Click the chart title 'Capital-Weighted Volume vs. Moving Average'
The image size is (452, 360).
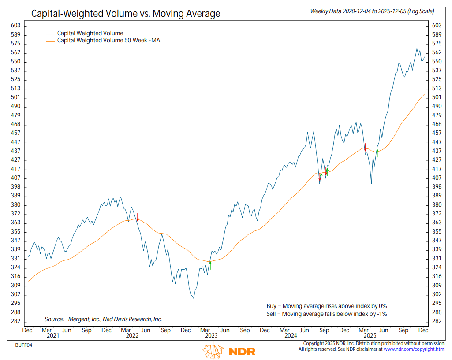[125, 14]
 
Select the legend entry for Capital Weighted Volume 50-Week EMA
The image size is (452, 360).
[108, 41]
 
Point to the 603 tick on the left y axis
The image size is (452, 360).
[15, 26]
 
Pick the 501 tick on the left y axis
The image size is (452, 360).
[15, 97]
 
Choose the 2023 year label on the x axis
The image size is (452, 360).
[211, 335]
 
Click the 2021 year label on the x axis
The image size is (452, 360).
[53, 335]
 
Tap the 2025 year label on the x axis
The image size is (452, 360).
[370, 335]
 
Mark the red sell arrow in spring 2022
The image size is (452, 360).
[138, 217]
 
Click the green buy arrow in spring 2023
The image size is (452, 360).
[210, 265]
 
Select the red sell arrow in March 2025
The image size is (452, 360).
[365, 147]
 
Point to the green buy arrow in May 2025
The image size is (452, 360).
[377, 153]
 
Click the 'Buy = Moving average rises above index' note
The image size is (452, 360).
[327, 306]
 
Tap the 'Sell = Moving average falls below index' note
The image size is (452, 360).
[327, 314]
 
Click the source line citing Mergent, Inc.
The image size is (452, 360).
[103, 319]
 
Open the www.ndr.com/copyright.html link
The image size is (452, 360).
[415, 349]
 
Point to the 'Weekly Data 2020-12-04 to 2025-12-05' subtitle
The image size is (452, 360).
[372, 11]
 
